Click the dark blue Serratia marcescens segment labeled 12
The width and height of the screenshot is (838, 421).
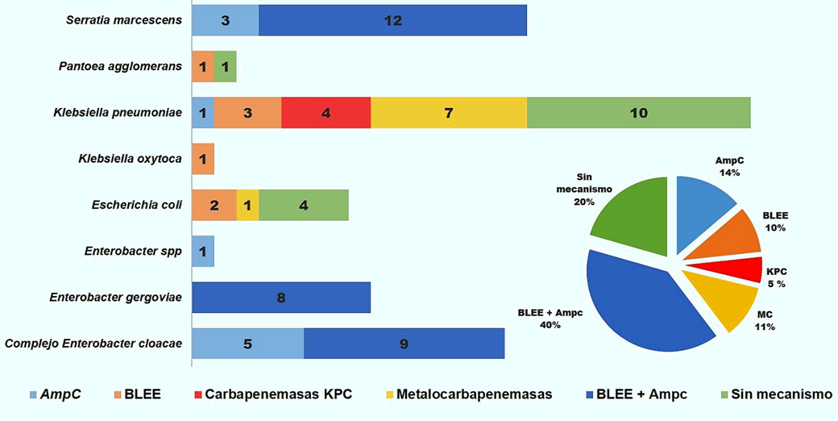click(x=392, y=20)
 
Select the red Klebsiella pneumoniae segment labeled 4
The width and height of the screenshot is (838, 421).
click(x=326, y=113)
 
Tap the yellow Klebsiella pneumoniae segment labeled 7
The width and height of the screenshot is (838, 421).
click(x=448, y=113)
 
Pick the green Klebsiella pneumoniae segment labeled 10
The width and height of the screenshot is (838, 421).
click(x=638, y=113)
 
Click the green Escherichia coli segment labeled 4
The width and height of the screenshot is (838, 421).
click(x=303, y=205)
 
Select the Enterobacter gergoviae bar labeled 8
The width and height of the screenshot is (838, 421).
click(x=280, y=298)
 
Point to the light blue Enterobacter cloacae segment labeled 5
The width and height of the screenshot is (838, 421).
click(x=247, y=344)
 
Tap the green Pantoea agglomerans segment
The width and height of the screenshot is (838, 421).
click(x=225, y=67)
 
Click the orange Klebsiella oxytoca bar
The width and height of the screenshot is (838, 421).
click(x=203, y=159)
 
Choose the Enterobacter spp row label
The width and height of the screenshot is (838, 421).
click(x=132, y=252)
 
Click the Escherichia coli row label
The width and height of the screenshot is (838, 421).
click(x=137, y=206)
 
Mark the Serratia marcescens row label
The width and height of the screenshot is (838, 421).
click(x=124, y=20)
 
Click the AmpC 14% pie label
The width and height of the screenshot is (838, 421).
click(x=730, y=167)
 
